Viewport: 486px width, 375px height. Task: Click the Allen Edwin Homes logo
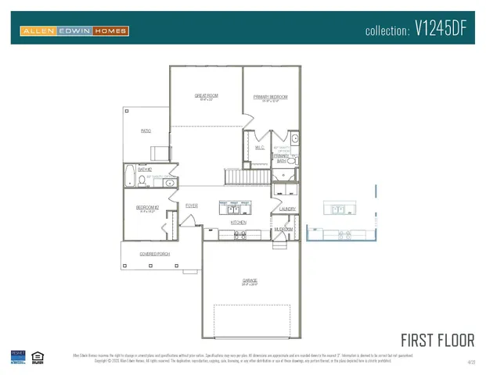point(74,30)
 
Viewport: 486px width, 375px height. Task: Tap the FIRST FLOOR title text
point(437,340)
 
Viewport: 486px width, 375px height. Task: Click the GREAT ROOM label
point(207,96)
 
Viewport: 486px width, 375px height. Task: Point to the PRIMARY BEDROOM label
point(270,97)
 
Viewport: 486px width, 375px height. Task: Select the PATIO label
point(146,131)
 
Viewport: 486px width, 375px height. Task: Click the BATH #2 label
point(144,169)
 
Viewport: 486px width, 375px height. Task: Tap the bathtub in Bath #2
point(129,176)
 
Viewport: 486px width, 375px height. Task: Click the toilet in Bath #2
point(142,180)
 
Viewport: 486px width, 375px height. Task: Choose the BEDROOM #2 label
point(147,208)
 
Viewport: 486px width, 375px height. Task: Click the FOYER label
point(191,205)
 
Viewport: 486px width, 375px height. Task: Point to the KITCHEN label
point(239,223)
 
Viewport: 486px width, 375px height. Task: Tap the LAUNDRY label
point(287,209)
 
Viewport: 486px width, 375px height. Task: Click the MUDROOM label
point(283,229)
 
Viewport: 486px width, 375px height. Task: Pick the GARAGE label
point(249,280)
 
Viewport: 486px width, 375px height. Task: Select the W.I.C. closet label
point(260,147)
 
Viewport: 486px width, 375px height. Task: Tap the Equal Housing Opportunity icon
point(37,358)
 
